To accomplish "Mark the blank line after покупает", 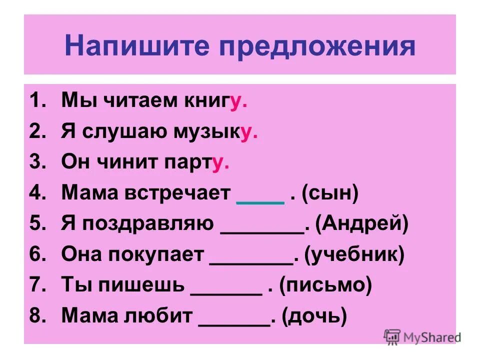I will (x=251, y=262).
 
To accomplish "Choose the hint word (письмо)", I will (x=325, y=286).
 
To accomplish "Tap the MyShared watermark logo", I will (x=421, y=336).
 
